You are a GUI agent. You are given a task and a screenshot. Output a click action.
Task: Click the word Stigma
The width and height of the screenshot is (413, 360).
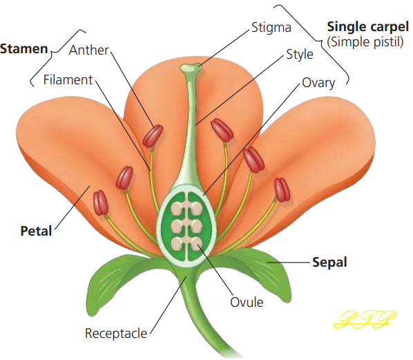point(271,28)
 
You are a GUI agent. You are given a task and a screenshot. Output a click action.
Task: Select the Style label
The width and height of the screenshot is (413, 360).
point(300,55)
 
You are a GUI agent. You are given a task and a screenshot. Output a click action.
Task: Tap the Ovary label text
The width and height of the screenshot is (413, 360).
point(318,84)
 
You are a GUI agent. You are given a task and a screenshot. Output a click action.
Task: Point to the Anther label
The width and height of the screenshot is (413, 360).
point(89,50)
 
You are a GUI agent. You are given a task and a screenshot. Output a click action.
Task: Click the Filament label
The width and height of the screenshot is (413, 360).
point(68,79)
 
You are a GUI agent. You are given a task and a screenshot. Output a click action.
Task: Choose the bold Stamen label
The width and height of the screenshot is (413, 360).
point(24,49)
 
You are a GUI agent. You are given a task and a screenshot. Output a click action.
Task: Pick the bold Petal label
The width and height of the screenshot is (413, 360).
point(36,231)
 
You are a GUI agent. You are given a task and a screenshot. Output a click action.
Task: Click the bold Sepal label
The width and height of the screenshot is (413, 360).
point(329,263)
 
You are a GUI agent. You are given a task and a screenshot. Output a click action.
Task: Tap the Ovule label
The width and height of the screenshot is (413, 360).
point(247,302)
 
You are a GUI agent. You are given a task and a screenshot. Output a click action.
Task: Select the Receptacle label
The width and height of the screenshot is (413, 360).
point(116,334)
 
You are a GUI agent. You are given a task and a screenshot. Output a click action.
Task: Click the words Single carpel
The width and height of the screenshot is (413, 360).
point(367,27)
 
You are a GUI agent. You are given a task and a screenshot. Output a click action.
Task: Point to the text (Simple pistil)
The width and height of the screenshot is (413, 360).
point(365,42)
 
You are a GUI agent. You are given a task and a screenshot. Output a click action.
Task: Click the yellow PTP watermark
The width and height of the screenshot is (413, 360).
point(364,319)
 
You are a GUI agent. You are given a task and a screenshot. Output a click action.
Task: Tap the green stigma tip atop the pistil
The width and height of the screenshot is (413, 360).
point(191,68)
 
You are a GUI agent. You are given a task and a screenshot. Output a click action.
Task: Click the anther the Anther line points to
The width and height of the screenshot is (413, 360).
point(153,136)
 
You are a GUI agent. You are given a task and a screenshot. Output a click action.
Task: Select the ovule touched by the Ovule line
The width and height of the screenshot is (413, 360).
point(197,244)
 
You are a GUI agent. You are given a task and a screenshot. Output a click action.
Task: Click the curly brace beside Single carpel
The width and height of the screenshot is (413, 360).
point(319,42)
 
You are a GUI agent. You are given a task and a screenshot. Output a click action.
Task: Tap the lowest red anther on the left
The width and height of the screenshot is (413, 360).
point(101,202)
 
